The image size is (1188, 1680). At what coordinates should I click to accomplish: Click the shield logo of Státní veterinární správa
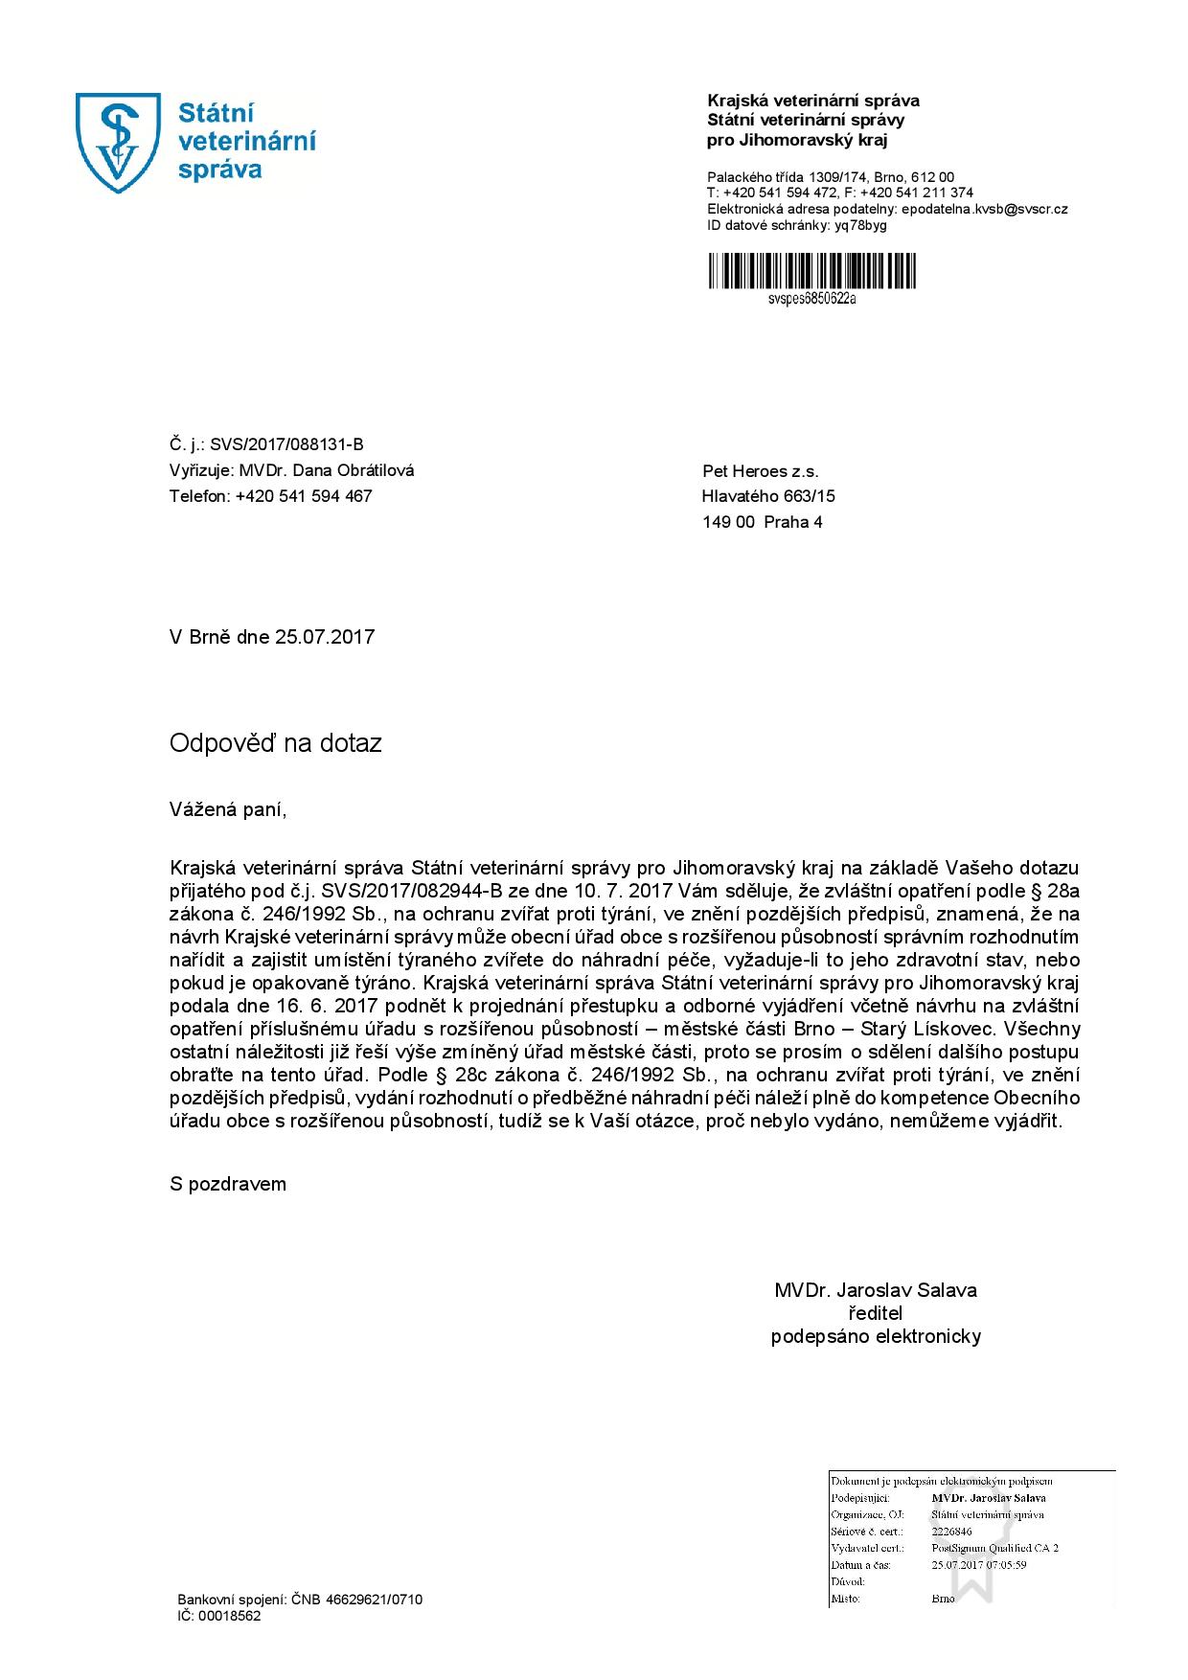[119, 143]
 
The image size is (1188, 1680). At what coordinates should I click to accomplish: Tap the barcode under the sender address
[811, 270]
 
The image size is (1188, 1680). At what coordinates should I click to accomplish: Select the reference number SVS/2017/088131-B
[287, 444]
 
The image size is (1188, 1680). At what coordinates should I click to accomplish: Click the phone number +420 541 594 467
[304, 496]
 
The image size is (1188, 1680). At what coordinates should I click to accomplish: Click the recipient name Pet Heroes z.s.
[761, 471]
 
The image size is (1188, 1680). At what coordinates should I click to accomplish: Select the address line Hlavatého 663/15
[768, 496]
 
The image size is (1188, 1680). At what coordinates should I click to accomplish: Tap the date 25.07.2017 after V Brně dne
[325, 637]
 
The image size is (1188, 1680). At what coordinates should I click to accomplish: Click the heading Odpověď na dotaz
[276, 743]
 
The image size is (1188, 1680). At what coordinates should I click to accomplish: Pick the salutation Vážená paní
[228, 810]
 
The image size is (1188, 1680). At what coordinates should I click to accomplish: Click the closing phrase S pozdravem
[228, 1184]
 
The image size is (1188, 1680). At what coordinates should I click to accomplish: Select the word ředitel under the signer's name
[876, 1313]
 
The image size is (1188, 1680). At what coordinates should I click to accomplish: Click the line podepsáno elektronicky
[876, 1336]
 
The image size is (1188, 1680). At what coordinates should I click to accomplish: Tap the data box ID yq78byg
[860, 225]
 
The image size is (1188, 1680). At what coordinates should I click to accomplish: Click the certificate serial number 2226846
[951, 1532]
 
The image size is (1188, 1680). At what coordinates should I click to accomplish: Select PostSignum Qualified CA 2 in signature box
[994, 1548]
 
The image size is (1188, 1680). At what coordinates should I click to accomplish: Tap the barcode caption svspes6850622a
[811, 298]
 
